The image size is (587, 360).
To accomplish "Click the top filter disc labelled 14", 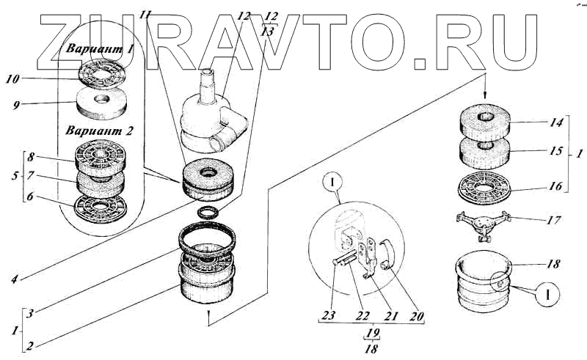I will [485, 122].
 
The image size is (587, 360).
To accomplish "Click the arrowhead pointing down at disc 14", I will [485, 96].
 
